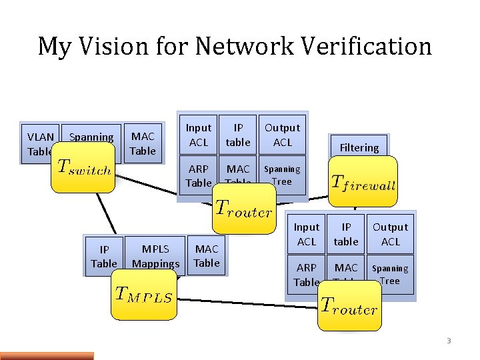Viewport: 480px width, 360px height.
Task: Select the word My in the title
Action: tap(51, 47)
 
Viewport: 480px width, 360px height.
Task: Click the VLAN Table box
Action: tap(39, 143)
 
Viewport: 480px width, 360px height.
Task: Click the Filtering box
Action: tap(359, 147)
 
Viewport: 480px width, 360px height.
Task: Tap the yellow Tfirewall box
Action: tap(363, 183)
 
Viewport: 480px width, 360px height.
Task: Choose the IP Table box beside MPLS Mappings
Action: tap(103, 256)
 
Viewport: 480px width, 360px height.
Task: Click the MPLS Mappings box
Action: tap(155, 256)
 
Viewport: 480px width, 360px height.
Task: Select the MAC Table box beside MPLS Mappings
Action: tap(206, 256)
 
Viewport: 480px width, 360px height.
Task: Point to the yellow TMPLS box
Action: tap(143, 294)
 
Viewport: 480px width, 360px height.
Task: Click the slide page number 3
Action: tap(449, 341)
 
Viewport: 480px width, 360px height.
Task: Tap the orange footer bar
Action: tap(47, 355)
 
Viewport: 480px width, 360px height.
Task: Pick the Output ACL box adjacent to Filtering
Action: tap(282, 135)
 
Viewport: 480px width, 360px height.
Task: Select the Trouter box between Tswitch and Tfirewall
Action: tap(243, 208)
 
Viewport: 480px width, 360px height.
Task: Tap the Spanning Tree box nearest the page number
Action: tap(390, 274)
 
